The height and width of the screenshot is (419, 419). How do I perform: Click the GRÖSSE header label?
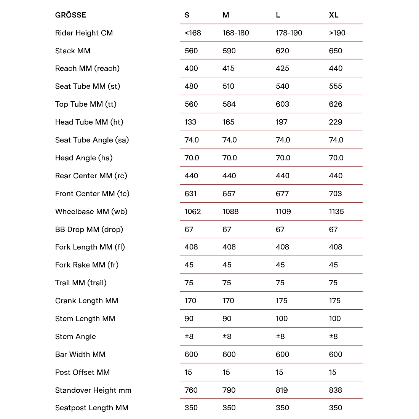point(70,15)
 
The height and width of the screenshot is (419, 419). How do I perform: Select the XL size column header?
point(334,15)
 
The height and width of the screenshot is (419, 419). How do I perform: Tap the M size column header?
point(226,15)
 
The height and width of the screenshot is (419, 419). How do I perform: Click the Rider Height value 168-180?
point(235,33)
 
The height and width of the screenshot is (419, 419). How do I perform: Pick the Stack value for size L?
point(282,51)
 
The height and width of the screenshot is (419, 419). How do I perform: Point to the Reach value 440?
point(336,69)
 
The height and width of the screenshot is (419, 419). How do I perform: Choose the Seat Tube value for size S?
point(191,86)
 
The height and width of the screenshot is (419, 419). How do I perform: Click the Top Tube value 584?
point(229,104)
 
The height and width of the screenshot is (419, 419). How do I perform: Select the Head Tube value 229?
point(336,122)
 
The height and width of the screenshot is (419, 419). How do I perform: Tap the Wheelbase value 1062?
point(192,211)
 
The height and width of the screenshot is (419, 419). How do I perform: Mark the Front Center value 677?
point(282,194)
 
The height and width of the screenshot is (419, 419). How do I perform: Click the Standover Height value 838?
point(336,390)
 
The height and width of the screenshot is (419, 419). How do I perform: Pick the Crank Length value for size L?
point(281,301)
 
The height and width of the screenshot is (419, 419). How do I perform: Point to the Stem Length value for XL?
point(335,318)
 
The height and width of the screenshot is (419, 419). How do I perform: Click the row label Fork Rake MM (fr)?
point(87,265)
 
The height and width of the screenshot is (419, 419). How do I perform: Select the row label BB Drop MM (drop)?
point(89,229)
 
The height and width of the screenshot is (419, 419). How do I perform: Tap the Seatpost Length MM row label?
point(92,408)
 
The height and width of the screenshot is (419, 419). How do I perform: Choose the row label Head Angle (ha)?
point(84,158)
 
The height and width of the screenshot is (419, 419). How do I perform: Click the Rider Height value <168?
point(192,33)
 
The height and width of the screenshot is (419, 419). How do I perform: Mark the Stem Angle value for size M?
point(227,336)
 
